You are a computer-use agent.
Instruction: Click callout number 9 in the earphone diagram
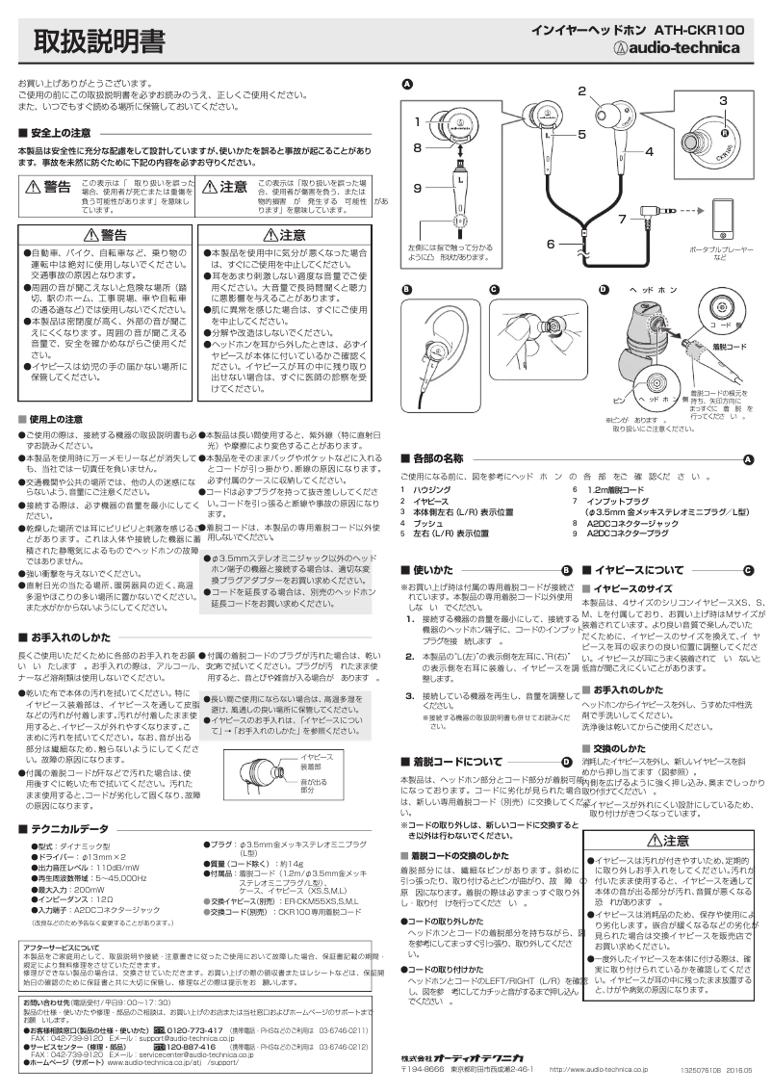(x=418, y=188)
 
